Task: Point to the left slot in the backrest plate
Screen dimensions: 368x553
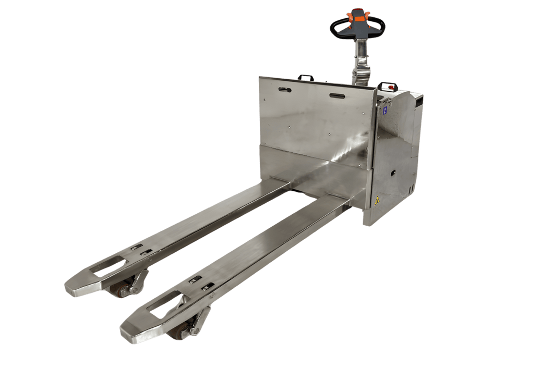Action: [286, 90]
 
